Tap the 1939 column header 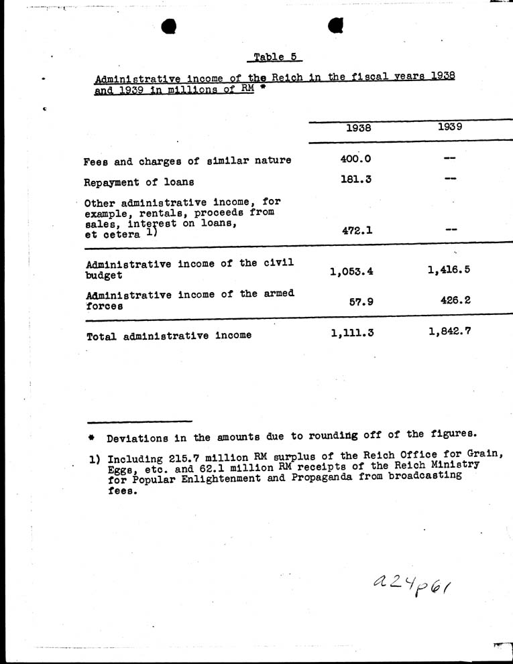[449, 126]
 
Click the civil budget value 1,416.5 [449, 269]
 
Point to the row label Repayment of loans [139, 182]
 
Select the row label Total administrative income [169, 335]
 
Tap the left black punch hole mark [169, 27]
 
